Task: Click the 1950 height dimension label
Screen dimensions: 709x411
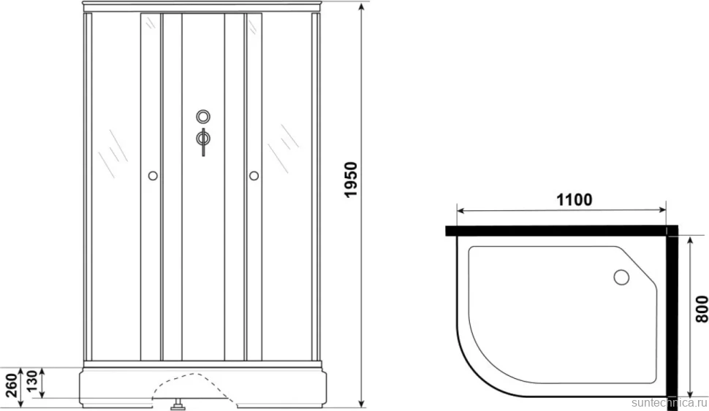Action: (x=351, y=180)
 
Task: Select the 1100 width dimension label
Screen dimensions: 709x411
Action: (x=574, y=199)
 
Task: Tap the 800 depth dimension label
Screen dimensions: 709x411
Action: (x=701, y=309)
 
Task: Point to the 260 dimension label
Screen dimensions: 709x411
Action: (x=11, y=385)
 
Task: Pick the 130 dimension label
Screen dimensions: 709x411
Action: (x=31, y=382)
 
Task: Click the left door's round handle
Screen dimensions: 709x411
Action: (x=153, y=175)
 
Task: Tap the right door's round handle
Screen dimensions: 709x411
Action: (x=254, y=175)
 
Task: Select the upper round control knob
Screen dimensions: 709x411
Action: (x=203, y=117)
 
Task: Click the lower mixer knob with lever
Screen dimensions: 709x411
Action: (x=203, y=139)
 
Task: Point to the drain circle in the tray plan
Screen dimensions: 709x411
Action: (x=621, y=277)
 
